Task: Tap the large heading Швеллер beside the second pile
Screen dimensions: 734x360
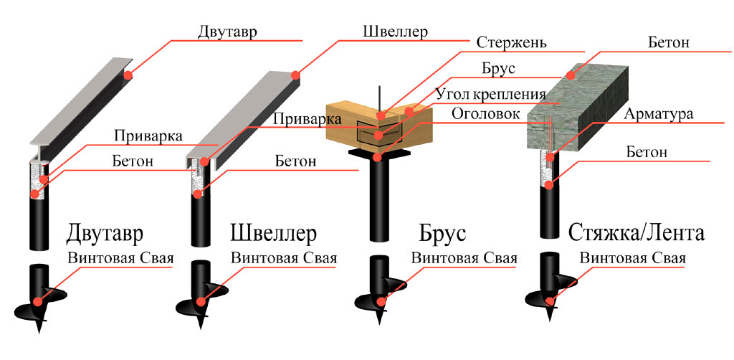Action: (274, 233)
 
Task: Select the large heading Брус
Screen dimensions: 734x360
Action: (443, 233)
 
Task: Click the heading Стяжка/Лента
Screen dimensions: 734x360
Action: (637, 232)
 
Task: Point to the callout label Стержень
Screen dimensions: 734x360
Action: (511, 43)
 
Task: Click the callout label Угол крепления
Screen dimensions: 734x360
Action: (490, 94)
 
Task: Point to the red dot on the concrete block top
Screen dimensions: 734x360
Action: (570, 75)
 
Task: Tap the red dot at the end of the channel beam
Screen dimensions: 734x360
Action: (295, 75)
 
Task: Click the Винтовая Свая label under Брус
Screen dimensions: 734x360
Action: (464, 258)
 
